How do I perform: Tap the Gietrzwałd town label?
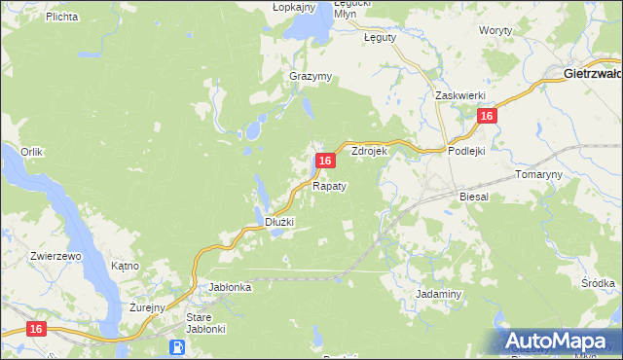pyautogui.click(x=593, y=73)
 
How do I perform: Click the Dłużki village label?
pyautogui.click(x=279, y=223)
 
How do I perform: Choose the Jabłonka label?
pyautogui.click(x=231, y=287)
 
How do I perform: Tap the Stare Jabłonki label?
pyautogui.click(x=205, y=323)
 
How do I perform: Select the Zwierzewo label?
pyautogui.click(x=55, y=256)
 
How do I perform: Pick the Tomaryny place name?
pyautogui.click(x=537, y=174)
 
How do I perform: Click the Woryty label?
pyautogui.click(x=496, y=31)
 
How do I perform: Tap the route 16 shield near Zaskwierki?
pyautogui.click(x=488, y=116)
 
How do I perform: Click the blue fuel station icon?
pyautogui.click(x=177, y=347)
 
